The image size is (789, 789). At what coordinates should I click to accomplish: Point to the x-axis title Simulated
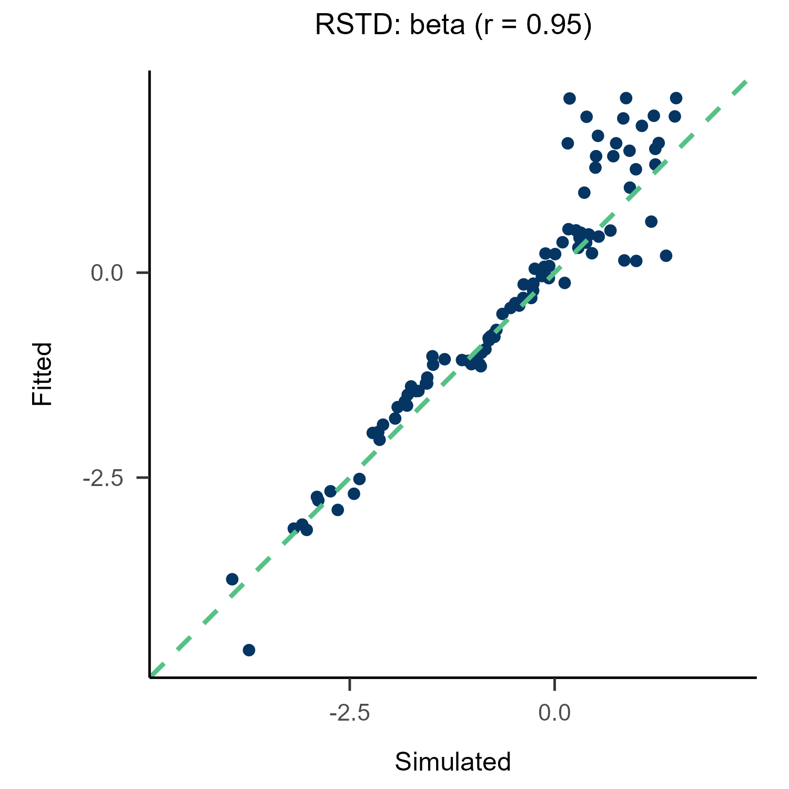[453, 762]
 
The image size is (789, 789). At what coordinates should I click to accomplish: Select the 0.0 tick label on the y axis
[106, 273]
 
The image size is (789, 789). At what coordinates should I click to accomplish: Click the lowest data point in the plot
[249, 650]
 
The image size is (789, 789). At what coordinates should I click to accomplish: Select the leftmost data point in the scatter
[232, 579]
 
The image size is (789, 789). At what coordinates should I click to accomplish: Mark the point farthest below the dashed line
[666, 256]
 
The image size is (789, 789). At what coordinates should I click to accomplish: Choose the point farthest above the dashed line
[569, 98]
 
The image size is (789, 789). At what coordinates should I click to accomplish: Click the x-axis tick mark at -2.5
[350, 683]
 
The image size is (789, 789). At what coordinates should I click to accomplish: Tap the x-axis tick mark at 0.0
[554, 683]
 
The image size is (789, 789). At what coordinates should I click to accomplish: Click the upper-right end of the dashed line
[746, 82]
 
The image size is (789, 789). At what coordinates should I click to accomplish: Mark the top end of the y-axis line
[150, 72]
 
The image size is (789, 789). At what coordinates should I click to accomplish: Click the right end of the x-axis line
[755, 677]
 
